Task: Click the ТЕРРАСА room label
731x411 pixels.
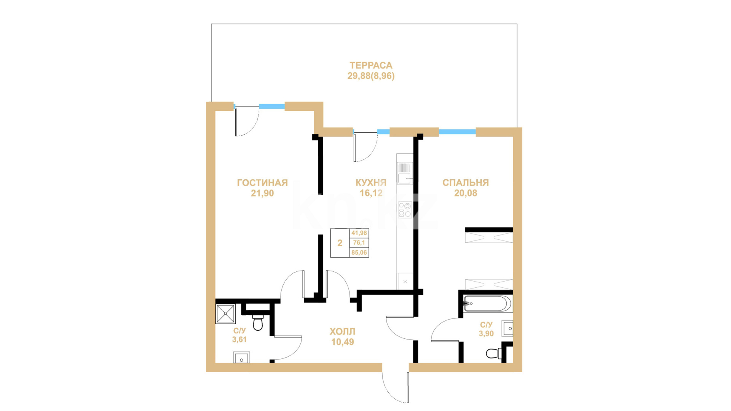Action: (371, 65)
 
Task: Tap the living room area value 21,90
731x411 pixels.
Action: (262, 193)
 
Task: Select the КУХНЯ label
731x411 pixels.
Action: (371, 183)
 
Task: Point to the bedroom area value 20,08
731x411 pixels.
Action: (466, 193)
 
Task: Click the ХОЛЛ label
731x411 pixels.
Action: (342, 331)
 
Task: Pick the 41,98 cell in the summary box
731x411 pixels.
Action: (359, 233)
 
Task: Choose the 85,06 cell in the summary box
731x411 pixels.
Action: (359, 253)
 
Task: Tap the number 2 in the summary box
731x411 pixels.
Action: (340, 243)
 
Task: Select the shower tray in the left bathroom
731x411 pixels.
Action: (225, 314)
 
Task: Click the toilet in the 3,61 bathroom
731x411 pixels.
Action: (258, 322)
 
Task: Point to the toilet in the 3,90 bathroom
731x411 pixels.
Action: (494, 353)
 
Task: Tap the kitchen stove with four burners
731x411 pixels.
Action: (405, 210)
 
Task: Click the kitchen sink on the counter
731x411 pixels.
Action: (405, 173)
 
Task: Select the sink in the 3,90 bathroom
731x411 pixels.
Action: (508, 328)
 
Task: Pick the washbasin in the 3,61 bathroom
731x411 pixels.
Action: (241, 358)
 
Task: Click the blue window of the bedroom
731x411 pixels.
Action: (457, 132)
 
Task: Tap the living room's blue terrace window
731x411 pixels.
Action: (272, 107)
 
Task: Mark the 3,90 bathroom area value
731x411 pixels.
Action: (486, 334)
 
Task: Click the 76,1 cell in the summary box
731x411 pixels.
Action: (359, 243)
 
